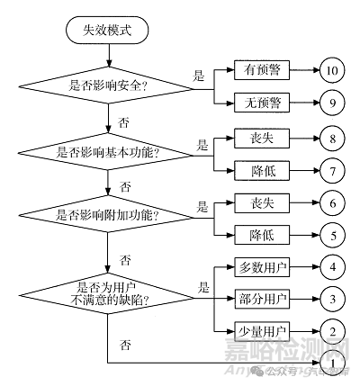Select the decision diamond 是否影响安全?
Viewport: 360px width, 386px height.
108,85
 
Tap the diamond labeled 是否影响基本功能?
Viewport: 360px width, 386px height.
108,151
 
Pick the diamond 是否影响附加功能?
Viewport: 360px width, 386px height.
108,216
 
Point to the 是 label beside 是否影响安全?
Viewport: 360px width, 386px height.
199,76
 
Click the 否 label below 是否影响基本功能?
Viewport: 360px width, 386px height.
125,185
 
